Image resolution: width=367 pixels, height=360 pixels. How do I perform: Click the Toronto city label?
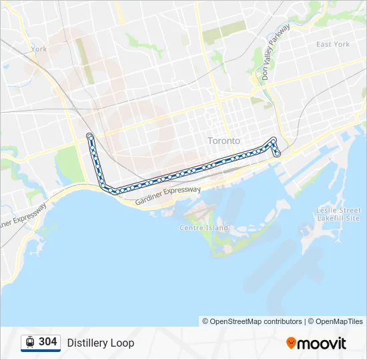click(224, 141)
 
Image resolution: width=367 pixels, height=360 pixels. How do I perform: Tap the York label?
click(39, 49)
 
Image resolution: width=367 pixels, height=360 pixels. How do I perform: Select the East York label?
click(332, 45)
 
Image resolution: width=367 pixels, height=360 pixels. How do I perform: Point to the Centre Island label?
click(204, 227)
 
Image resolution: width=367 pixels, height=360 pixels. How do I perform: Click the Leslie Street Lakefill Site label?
click(338, 214)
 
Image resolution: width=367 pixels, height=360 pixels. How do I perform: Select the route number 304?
click(47, 342)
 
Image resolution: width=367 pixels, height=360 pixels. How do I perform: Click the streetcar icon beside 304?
click(29, 343)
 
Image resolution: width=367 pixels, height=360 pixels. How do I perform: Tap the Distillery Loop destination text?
click(100, 343)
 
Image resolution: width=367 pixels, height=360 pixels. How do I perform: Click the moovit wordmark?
click(322, 343)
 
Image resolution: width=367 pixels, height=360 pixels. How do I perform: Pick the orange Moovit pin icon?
click(291, 343)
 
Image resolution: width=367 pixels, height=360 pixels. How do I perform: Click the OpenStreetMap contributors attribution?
click(256, 321)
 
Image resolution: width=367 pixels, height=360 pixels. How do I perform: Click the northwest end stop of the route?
click(89, 136)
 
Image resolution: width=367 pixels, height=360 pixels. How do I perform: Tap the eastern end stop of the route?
click(278, 154)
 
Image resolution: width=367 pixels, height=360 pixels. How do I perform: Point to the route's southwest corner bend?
click(105, 187)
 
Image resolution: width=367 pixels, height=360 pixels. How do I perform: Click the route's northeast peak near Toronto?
click(273, 139)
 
